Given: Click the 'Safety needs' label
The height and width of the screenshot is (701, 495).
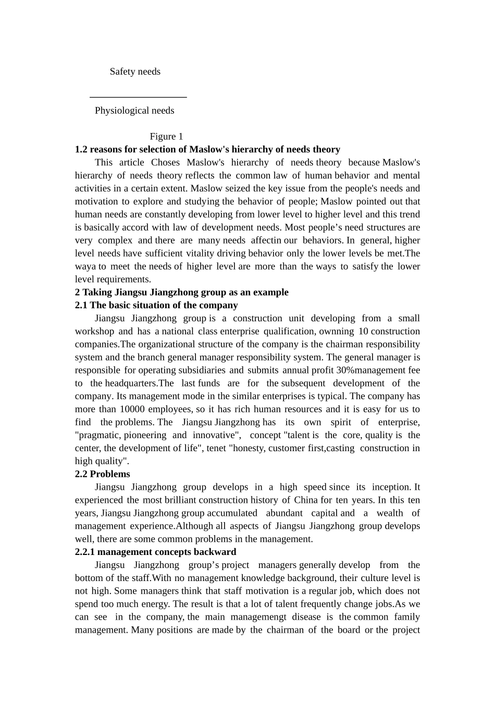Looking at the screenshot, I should pos(135,71).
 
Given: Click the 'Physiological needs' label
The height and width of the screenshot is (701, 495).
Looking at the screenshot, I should pos(134,111).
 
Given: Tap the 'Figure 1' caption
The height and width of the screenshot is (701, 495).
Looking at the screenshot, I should pos(166,137).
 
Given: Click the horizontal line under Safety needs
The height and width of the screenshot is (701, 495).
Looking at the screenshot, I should pos(138,97).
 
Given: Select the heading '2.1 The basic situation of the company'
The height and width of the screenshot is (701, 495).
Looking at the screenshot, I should pos(156,305).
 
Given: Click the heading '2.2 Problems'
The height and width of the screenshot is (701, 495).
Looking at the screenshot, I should pos(103,474).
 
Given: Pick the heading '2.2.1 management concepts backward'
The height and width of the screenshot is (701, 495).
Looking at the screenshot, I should pos(155,552).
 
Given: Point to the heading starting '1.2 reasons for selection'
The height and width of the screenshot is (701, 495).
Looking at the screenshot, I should pos(207,150).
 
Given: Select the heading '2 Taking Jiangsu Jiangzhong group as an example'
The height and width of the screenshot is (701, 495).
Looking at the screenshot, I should pos(181,292).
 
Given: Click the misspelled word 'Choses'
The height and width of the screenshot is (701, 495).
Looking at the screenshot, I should pos(165,162).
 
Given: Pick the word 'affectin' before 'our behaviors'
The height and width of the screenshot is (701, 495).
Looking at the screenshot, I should pos(266,240).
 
